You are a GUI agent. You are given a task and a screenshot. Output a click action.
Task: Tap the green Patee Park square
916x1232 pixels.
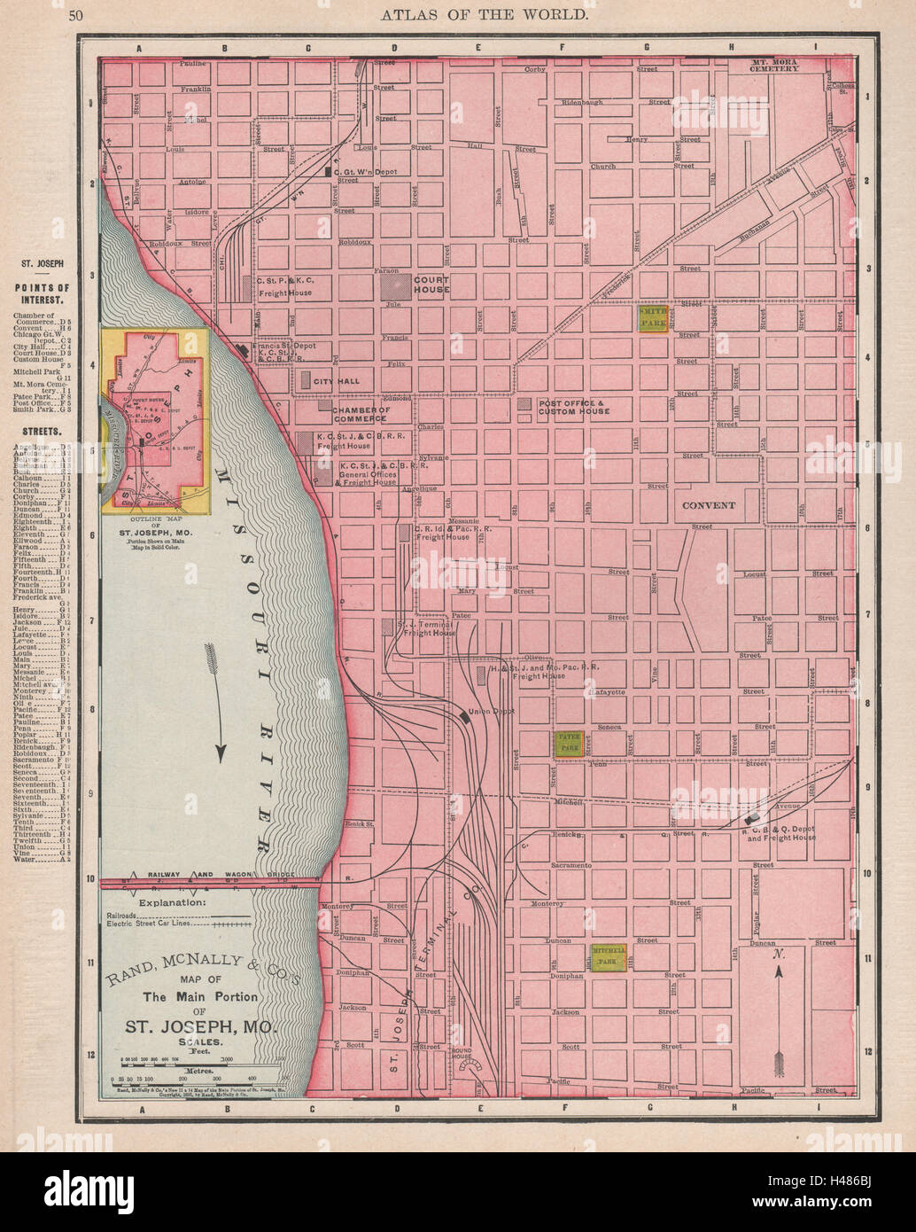coord(567,744)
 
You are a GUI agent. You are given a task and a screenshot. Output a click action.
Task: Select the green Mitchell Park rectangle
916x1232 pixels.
coord(609,955)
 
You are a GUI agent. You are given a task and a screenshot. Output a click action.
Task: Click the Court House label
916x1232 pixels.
coord(431,285)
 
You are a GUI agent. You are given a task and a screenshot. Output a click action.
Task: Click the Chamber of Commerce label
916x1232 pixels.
coord(360,413)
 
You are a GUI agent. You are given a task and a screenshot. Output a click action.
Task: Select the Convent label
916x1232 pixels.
coord(709,505)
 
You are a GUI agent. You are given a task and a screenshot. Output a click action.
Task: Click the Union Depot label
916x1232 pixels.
coord(491,711)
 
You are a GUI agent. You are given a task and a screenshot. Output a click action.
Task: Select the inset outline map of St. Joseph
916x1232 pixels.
coord(155,421)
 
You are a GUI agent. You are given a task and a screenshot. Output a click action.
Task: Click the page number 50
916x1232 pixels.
coord(75,13)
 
